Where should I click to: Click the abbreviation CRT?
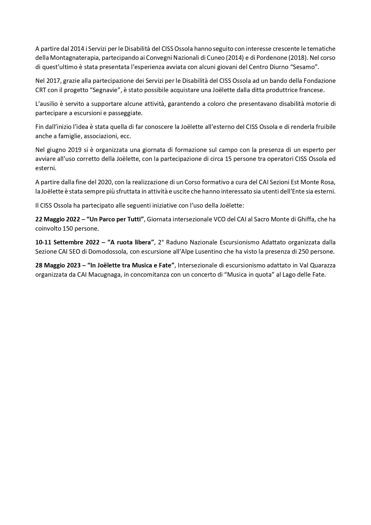point(40,90)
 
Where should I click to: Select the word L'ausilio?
point(46,104)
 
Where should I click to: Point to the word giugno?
point(56,150)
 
